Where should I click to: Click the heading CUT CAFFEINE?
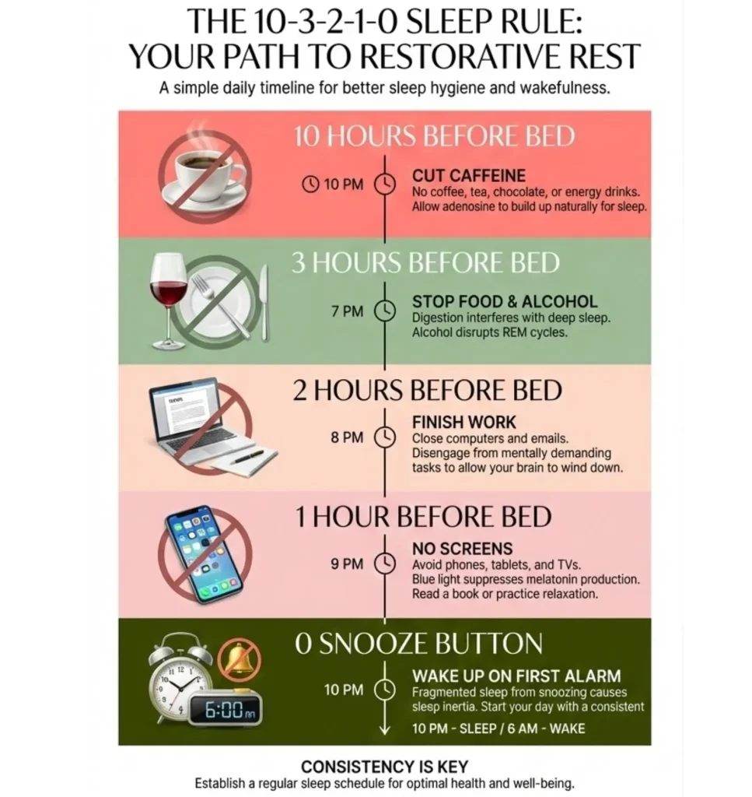pyautogui.click(x=468, y=176)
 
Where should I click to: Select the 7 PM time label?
pyautogui.click(x=347, y=311)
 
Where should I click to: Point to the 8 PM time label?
pyautogui.click(x=347, y=437)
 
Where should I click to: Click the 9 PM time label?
pyautogui.click(x=347, y=564)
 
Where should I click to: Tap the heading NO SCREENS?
pyautogui.click(x=462, y=549)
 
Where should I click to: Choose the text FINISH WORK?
pyautogui.click(x=463, y=423)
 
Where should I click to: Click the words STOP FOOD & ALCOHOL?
pyautogui.click(x=505, y=302)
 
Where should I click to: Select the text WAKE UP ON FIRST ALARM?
pyautogui.click(x=516, y=676)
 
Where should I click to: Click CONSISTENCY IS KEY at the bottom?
pyautogui.click(x=384, y=767)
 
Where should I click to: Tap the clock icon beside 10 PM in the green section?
pyautogui.click(x=385, y=690)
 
